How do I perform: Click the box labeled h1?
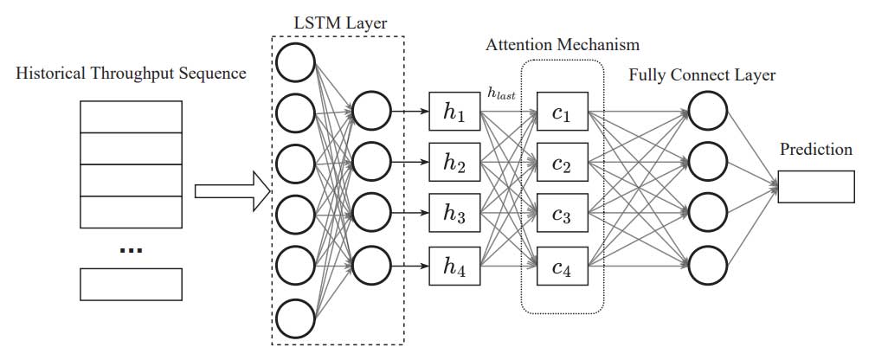[454, 111]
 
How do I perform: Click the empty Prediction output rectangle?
[815, 186]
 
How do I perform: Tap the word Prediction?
[815, 150]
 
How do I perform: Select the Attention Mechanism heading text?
[562, 44]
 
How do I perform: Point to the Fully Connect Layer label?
[702, 75]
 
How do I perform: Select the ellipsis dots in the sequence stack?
[131, 250]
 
